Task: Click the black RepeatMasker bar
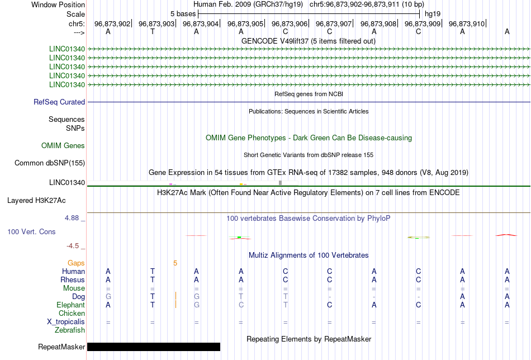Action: coord(154,347)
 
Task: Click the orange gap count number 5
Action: coord(175,263)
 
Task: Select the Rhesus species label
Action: coord(73,280)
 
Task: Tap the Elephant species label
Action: coord(70,305)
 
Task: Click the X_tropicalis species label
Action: coord(66,322)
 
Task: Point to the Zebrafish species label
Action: coord(70,330)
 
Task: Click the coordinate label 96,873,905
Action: coord(245,23)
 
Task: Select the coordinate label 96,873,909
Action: coord(423,23)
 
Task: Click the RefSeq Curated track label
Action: coord(59,102)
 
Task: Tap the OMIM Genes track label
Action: coord(63,146)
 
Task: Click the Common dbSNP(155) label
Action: coord(50,163)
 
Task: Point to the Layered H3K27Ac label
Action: coord(36,201)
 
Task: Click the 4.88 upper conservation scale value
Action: coord(72,218)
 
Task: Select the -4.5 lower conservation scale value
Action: coord(73,246)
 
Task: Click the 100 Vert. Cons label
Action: coord(31,231)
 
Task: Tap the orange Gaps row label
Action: coord(76,263)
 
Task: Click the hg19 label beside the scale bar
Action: coord(433,14)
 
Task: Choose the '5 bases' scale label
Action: coord(183,14)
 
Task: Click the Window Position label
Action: coord(58,4)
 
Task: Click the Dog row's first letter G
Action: coord(108,297)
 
